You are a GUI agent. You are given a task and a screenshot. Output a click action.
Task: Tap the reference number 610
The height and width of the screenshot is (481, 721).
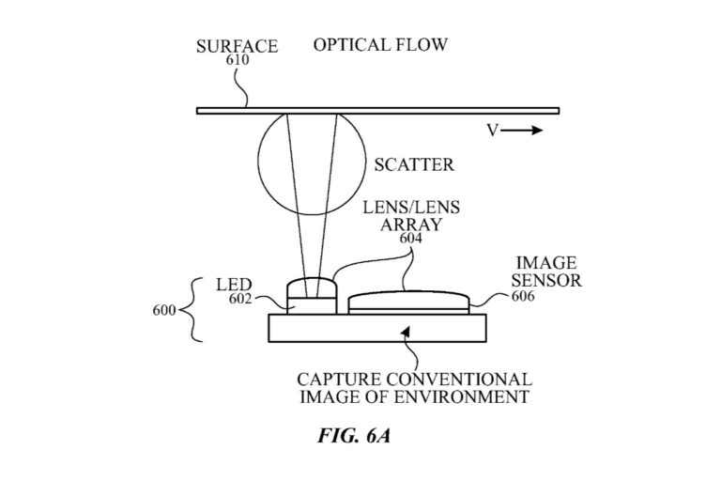tap(238, 58)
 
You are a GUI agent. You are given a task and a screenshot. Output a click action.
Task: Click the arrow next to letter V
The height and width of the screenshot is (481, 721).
tap(521, 131)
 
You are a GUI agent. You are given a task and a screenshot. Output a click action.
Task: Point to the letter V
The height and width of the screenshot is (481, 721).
tap(492, 131)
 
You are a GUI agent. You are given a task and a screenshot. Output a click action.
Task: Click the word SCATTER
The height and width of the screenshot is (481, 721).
tap(414, 165)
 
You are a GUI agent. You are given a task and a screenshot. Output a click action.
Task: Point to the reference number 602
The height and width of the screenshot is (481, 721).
tap(239, 300)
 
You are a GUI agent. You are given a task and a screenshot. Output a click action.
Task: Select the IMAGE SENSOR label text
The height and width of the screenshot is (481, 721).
tap(546, 272)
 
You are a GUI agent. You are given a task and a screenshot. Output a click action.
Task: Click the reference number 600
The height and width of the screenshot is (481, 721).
tap(165, 310)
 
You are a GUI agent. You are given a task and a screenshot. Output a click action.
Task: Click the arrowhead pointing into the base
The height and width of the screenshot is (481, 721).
tap(405, 331)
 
